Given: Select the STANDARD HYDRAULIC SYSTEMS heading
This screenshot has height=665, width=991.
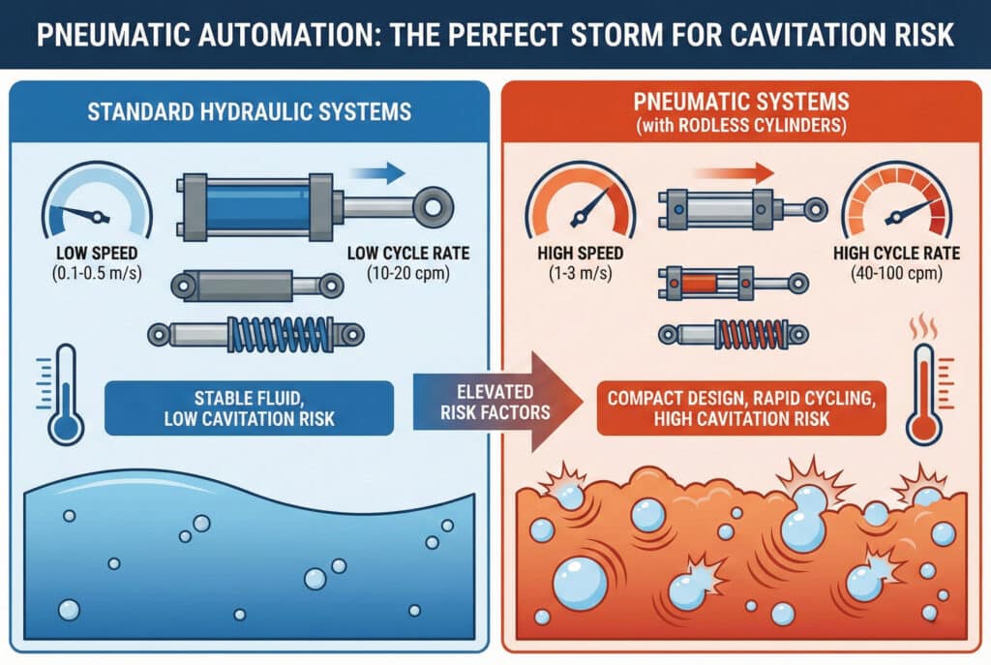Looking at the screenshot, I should (x=249, y=111).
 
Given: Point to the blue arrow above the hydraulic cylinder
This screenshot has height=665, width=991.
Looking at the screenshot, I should (x=375, y=172).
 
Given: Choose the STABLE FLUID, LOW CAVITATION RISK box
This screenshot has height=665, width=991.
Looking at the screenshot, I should (x=249, y=408).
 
